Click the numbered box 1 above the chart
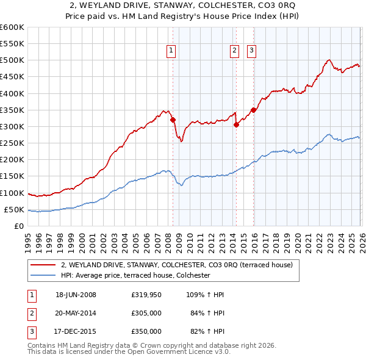tap(171, 51)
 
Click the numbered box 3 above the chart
tap(251, 51)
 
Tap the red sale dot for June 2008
tap(173, 120)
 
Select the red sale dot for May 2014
tap(236, 124)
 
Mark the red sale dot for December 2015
tap(253, 110)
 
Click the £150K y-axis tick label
tap(12, 176)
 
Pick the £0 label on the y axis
tap(20, 226)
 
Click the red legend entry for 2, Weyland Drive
tap(177, 265)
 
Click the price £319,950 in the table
tap(146, 295)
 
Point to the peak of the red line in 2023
tap(329, 60)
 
